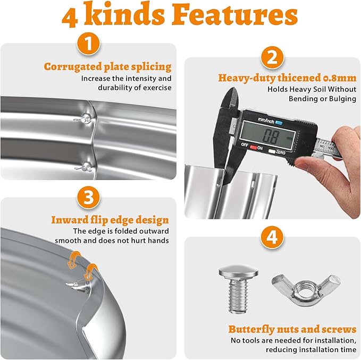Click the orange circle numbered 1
click(x=89, y=44)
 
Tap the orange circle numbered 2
click(x=272, y=58)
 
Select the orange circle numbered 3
click(x=88, y=198)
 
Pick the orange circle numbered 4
click(x=272, y=237)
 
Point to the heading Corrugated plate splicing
click(x=108, y=67)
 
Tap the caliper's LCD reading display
click(x=268, y=136)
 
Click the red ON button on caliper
click(x=254, y=148)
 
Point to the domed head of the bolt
click(x=238, y=272)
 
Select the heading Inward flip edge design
click(x=110, y=220)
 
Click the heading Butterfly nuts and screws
click(x=292, y=329)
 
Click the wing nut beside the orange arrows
click(x=76, y=286)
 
